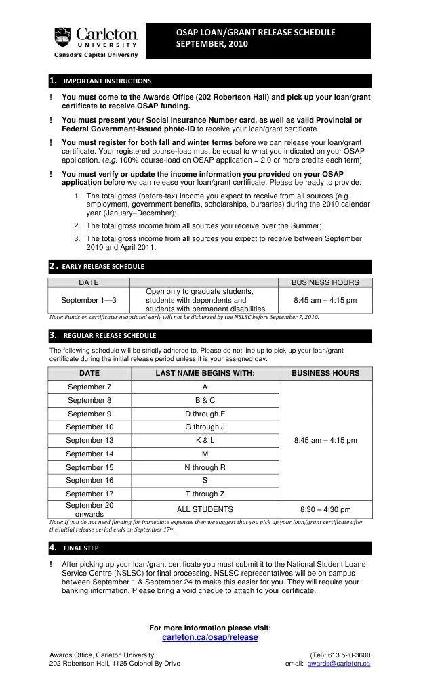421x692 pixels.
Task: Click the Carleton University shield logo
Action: [62, 37]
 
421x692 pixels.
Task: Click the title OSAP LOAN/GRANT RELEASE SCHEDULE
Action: [256, 32]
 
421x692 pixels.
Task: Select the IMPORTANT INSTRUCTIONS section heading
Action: [107, 81]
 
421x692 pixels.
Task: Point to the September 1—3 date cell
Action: [89, 300]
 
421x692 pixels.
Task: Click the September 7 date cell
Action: [89, 387]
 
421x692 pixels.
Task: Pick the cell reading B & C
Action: [205, 400]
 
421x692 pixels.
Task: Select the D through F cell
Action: [205, 414]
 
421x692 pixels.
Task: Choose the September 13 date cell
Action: [89, 440]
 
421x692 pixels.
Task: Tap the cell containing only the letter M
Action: [205, 454]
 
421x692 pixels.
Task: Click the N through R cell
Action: [205, 467]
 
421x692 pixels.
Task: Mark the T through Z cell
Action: [205, 494]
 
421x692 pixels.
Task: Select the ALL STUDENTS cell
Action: [205, 509]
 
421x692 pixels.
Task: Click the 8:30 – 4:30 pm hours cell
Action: [325, 509]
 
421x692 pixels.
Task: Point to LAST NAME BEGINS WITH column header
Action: [205, 373]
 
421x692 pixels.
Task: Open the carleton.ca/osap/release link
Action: [210, 637]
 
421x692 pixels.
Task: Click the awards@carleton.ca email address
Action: [338, 664]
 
